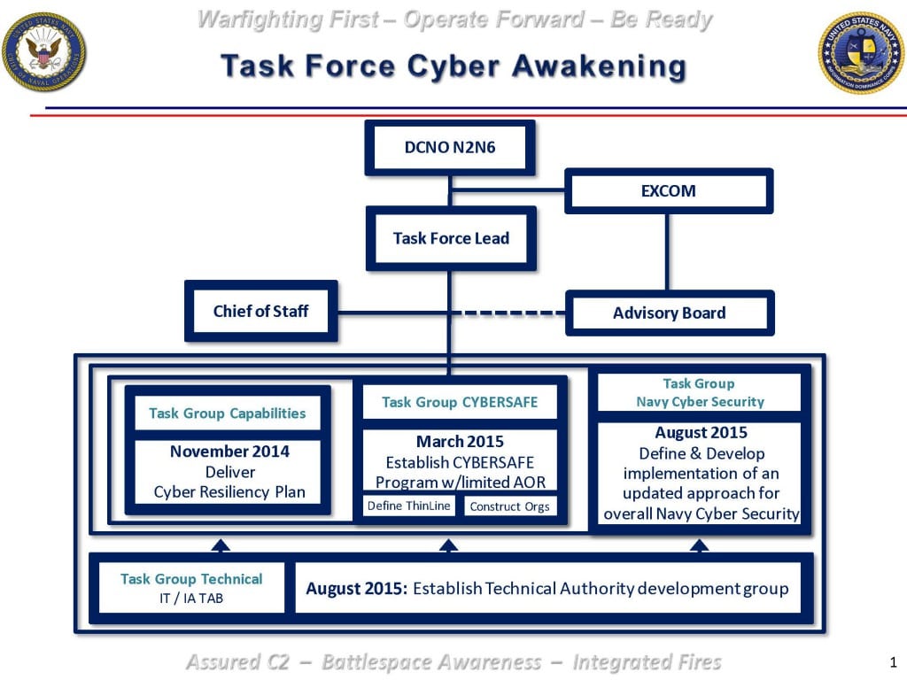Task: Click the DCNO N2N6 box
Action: click(x=450, y=148)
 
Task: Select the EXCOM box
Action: click(x=669, y=191)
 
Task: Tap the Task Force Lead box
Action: click(x=451, y=238)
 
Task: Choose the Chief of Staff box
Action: click(x=260, y=311)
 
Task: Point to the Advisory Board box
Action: click(x=669, y=313)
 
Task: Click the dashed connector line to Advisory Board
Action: click(x=514, y=313)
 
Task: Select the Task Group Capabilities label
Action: click(x=228, y=413)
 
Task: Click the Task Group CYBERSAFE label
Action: click(x=460, y=402)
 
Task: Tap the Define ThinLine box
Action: click(x=408, y=506)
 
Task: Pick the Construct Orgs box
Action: click(x=509, y=506)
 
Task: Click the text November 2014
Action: click(x=229, y=452)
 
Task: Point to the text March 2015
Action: click(x=460, y=441)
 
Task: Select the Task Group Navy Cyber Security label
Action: click(x=699, y=392)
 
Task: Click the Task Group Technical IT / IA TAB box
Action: click(x=191, y=588)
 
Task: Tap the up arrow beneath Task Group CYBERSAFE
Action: click(x=448, y=545)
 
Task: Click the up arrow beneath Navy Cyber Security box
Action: click(x=699, y=545)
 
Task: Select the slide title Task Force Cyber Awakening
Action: click(x=453, y=66)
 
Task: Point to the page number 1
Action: click(x=893, y=661)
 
